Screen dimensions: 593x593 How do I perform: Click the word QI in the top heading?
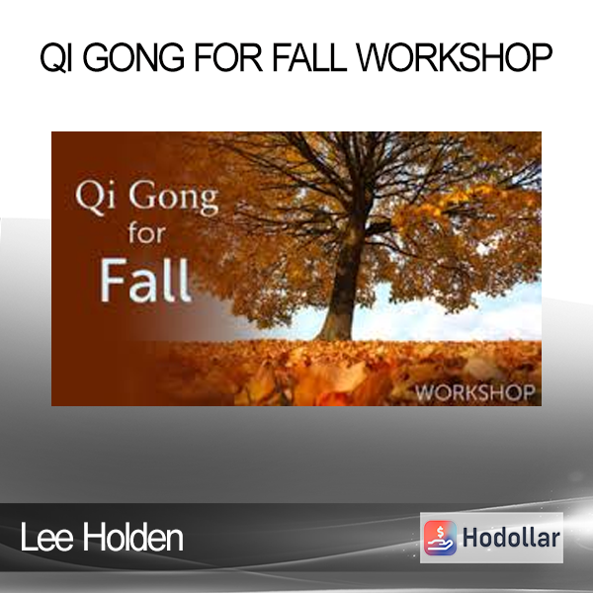click(x=56, y=57)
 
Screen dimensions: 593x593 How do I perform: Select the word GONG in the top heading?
click(x=133, y=57)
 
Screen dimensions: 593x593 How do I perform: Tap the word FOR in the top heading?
click(x=228, y=57)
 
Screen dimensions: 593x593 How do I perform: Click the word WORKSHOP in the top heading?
click(x=455, y=57)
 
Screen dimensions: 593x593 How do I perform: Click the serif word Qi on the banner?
click(x=95, y=198)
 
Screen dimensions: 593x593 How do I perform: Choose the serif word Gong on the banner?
click(x=174, y=199)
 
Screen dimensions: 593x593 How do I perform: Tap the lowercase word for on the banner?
click(x=146, y=233)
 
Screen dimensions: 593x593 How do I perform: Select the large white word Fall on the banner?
click(x=145, y=281)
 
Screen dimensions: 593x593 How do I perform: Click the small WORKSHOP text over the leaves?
click(x=475, y=392)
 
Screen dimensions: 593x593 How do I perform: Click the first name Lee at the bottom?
click(x=46, y=538)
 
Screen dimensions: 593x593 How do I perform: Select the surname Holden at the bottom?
click(x=132, y=538)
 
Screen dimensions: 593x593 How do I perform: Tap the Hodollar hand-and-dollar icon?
click(x=440, y=538)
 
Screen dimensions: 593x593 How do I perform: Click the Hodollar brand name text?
click(x=511, y=538)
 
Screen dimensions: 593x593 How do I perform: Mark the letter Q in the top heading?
click(x=52, y=57)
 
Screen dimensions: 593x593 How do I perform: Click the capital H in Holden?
click(x=93, y=538)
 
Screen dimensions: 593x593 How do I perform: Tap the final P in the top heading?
click(x=541, y=57)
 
